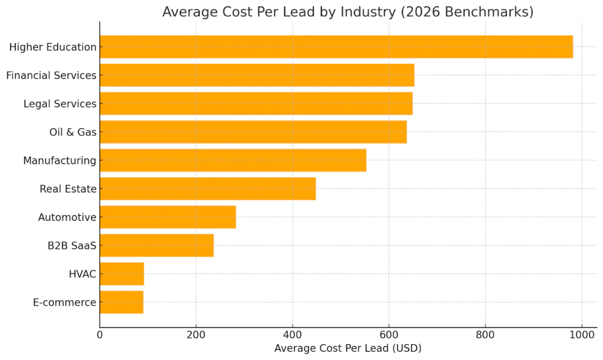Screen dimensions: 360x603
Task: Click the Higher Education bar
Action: click(x=336, y=47)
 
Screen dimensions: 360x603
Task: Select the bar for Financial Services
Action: click(x=257, y=75)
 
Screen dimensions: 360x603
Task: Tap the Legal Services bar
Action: click(x=256, y=104)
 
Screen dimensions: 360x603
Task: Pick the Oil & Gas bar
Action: click(x=253, y=132)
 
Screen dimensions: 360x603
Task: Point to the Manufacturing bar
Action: click(x=233, y=160)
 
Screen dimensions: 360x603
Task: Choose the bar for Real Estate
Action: click(x=207, y=189)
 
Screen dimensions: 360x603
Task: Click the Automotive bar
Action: click(x=167, y=217)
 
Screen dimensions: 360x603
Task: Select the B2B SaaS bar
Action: click(x=156, y=245)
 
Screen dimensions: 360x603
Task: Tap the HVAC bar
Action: click(x=121, y=274)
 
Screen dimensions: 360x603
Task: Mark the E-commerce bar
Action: click(x=121, y=302)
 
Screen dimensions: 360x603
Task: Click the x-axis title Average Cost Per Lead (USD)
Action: click(x=347, y=348)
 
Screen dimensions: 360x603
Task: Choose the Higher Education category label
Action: click(x=52, y=47)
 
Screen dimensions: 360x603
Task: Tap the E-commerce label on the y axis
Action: click(x=65, y=302)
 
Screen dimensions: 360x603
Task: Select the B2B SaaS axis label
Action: click(x=72, y=246)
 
